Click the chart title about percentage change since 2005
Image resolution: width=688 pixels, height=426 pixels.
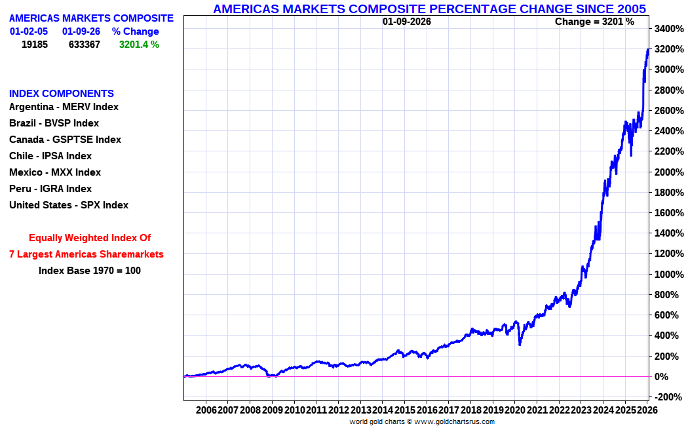429,9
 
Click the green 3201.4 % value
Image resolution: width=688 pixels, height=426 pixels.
139,45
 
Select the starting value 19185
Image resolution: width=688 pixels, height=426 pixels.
35,45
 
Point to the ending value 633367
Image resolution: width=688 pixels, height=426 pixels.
84,45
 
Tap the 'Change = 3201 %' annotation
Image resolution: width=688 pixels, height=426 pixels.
594,22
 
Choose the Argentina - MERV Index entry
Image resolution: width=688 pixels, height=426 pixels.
64,107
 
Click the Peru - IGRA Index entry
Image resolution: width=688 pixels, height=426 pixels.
50,189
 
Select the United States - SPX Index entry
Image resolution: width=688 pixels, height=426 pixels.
69,205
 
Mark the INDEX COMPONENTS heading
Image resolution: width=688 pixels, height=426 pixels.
62,94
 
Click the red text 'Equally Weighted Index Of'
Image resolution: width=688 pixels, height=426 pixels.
90,238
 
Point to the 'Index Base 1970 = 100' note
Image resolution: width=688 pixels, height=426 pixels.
90,270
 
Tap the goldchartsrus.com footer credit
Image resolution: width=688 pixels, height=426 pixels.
422,421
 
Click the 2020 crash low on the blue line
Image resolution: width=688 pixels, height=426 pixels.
520,344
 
